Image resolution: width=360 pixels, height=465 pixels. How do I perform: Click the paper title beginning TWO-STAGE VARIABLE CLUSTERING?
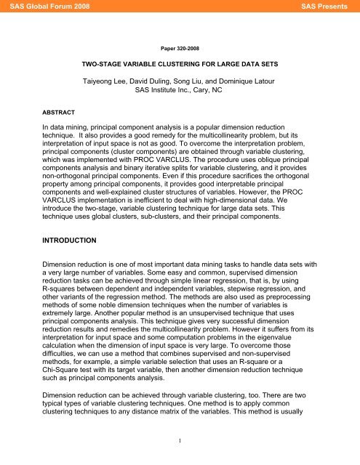click(180, 64)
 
